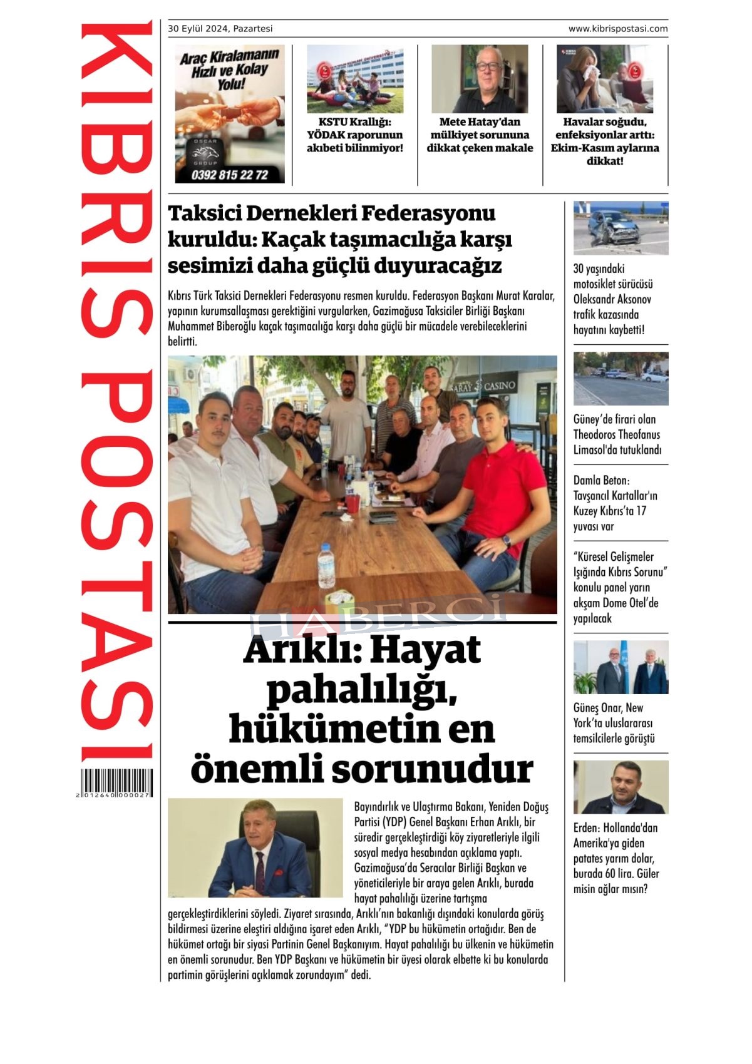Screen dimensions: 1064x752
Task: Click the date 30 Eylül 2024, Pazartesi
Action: click(x=220, y=29)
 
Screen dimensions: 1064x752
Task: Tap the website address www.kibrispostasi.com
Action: click(x=617, y=29)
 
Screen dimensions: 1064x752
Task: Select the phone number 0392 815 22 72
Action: click(x=230, y=175)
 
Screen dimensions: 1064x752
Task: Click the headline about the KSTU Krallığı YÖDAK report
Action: click(x=354, y=135)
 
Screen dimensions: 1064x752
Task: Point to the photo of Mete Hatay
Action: click(x=480, y=79)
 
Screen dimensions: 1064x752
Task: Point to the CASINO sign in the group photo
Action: click(x=500, y=385)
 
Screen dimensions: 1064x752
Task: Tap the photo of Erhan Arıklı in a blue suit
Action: click(x=255, y=848)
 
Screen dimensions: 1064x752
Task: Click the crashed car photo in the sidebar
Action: click(x=621, y=228)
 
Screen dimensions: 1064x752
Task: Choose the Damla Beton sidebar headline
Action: click(x=615, y=503)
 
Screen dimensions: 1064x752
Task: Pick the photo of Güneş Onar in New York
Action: click(x=621, y=667)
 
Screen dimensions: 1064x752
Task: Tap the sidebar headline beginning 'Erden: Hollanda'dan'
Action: click(x=616, y=858)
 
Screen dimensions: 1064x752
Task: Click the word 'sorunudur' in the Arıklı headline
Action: click(x=433, y=769)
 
